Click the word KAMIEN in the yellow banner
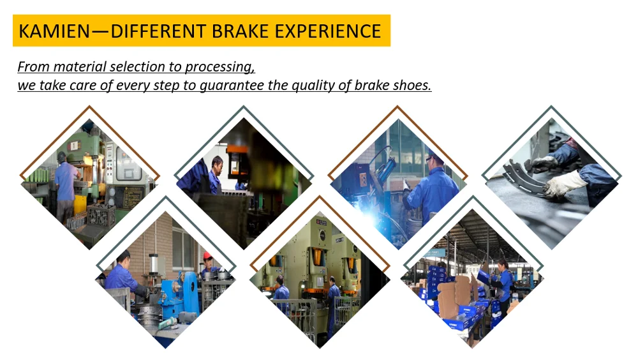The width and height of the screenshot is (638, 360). [54, 31]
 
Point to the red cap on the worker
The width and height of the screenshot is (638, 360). [207, 255]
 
